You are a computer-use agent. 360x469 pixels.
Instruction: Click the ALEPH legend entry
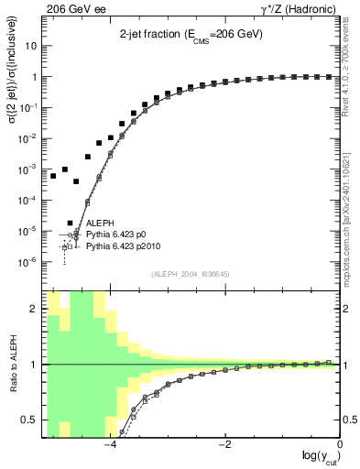(x=100, y=223)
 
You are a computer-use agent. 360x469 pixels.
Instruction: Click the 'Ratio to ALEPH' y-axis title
(x=12, y=364)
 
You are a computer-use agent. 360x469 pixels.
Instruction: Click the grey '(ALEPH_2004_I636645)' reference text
(x=191, y=274)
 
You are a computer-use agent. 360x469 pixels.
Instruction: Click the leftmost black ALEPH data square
(x=53, y=175)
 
